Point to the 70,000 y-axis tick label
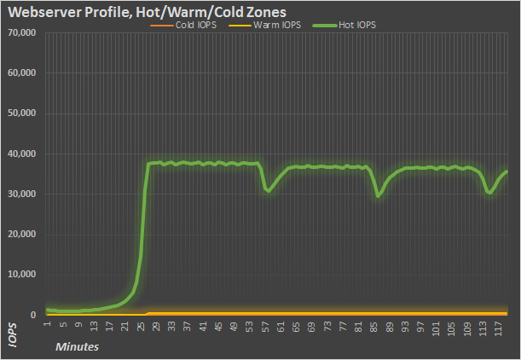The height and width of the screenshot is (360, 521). [20, 33]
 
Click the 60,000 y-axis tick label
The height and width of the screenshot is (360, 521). [20, 73]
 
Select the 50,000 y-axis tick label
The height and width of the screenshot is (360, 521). [20, 113]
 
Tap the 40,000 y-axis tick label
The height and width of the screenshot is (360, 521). [20, 154]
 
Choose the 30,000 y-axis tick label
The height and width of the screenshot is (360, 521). [20, 195]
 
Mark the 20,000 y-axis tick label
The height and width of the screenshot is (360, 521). [20, 235]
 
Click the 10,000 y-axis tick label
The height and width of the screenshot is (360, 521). [20, 275]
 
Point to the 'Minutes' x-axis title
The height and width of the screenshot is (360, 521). [77, 347]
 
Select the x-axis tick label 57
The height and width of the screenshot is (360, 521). [267, 325]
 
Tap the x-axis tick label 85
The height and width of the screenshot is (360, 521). [376, 325]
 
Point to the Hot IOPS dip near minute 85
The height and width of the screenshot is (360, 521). [379, 195]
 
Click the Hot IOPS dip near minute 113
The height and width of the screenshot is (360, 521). [489, 193]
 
